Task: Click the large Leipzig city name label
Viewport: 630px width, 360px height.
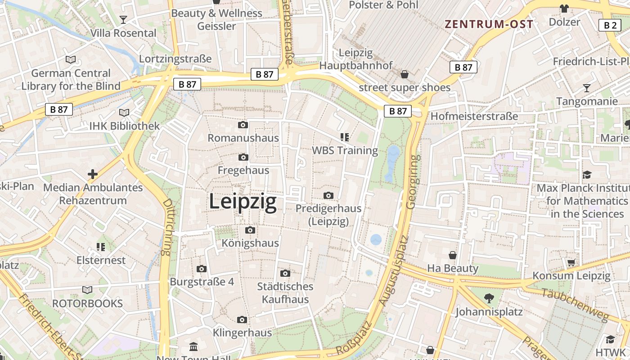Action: pyautogui.click(x=243, y=202)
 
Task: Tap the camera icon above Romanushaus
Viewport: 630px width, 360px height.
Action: pyautogui.click(x=243, y=125)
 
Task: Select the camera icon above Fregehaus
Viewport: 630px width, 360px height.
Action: pyautogui.click(x=243, y=157)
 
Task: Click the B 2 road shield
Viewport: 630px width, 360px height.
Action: pyautogui.click(x=610, y=25)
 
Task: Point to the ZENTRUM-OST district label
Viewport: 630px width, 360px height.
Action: pyautogui.click(x=489, y=24)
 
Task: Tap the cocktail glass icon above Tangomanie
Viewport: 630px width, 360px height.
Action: pyautogui.click(x=587, y=88)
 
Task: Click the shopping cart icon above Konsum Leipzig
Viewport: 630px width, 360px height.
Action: pyautogui.click(x=571, y=262)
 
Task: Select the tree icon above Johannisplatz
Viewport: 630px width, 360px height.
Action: pyautogui.click(x=489, y=298)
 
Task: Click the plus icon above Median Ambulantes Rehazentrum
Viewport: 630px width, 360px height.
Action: pyautogui.click(x=93, y=174)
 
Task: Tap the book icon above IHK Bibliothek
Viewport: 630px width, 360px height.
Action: pyautogui.click(x=124, y=112)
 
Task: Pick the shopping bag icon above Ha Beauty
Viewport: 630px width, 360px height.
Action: pyautogui.click(x=453, y=255)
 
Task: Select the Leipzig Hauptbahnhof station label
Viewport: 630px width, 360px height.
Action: pyautogui.click(x=356, y=59)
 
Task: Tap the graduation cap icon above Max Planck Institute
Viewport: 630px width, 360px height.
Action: pyautogui.click(x=587, y=175)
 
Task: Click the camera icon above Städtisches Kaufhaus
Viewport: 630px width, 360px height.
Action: pyautogui.click(x=285, y=273)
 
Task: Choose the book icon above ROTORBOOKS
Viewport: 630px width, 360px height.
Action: pyautogui.click(x=87, y=290)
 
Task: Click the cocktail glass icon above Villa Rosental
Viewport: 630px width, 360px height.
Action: pyautogui.click(x=123, y=19)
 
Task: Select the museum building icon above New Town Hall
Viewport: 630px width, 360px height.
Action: pyautogui.click(x=193, y=346)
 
